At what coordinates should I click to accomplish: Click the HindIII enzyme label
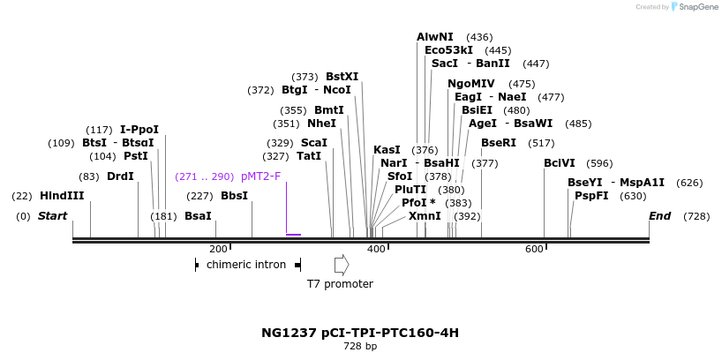pos(62,195)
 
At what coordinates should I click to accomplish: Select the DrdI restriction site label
pos(120,176)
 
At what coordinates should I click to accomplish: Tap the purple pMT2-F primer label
pos(260,176)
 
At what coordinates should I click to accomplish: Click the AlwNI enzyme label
pos(435,37)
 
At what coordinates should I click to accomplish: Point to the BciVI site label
pos(560,162)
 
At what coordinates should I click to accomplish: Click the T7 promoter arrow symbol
pos(341,264)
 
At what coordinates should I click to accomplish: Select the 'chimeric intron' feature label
pos(246,264)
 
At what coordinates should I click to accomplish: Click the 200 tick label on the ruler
pos(219,250)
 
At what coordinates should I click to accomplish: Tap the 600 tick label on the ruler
pos(534,250)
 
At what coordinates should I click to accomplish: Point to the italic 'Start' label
pos(52,216)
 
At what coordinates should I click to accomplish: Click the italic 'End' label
pos(659,216)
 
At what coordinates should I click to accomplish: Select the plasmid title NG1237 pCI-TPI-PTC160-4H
pos(360,333)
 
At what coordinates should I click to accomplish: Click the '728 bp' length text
pos(360,347)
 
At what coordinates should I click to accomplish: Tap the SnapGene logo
pos(695,7)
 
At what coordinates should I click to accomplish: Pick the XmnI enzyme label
pos(425,216)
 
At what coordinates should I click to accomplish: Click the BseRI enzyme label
pos(499,143)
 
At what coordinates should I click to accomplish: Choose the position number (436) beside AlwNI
pos(479,37)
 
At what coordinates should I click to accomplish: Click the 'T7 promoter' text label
pos(340,284)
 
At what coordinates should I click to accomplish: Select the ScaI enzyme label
pos(314,143)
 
